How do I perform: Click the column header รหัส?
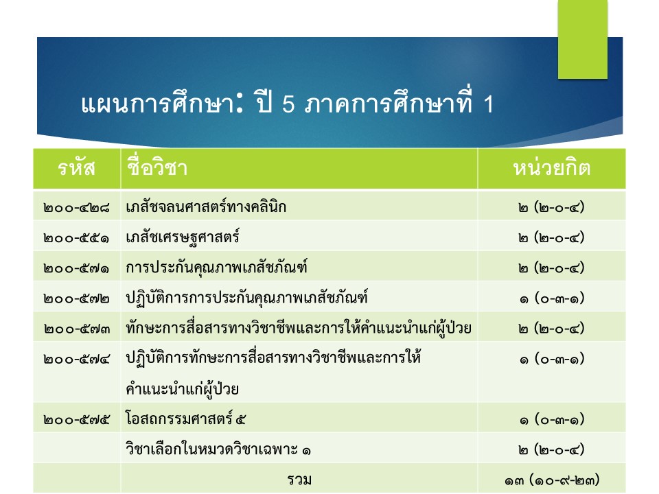76,168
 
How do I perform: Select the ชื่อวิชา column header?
157,167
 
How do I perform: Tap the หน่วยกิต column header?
552,168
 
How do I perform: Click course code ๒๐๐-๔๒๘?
76,207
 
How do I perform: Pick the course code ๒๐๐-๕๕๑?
76,238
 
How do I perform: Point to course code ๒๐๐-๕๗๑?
76,268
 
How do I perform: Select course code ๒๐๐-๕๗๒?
76,298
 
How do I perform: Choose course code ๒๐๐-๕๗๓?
76,329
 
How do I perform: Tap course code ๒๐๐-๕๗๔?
76,359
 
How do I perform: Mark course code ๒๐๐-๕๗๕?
76,420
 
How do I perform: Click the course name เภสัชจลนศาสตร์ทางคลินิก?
206,207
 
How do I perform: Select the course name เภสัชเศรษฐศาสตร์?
183,237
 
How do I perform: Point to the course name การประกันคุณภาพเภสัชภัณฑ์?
216,267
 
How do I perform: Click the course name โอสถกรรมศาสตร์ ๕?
185,419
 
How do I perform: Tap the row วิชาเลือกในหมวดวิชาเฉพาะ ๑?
218,449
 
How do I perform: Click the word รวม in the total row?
299,480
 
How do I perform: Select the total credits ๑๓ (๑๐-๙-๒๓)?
552,480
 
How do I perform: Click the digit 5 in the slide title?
288,104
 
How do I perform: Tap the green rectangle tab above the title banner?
583,39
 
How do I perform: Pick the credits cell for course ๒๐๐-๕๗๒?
552,298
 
